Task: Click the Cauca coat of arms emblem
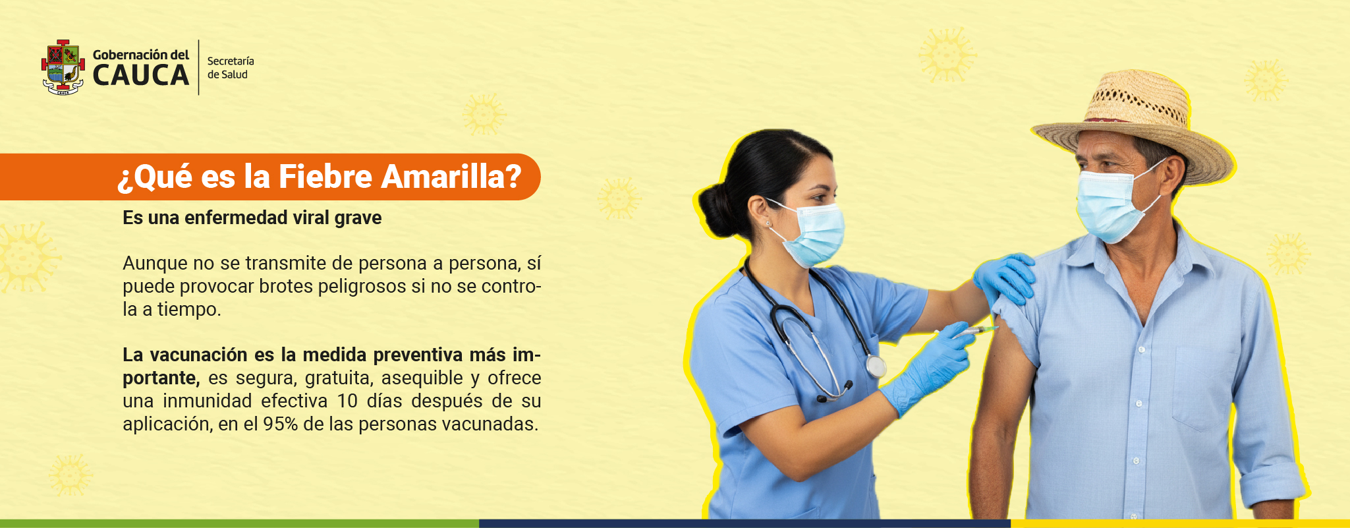(x=63, y=67)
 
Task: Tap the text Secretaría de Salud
(x=231, y=67)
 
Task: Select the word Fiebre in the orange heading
(x=325, y=177)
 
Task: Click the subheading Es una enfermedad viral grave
(x=252, y=218)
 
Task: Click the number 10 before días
(x=347, y=401)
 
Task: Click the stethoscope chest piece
(x=875, y=366)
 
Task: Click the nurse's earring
(x=768, y=224)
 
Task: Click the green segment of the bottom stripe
(x=239, y=523)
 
